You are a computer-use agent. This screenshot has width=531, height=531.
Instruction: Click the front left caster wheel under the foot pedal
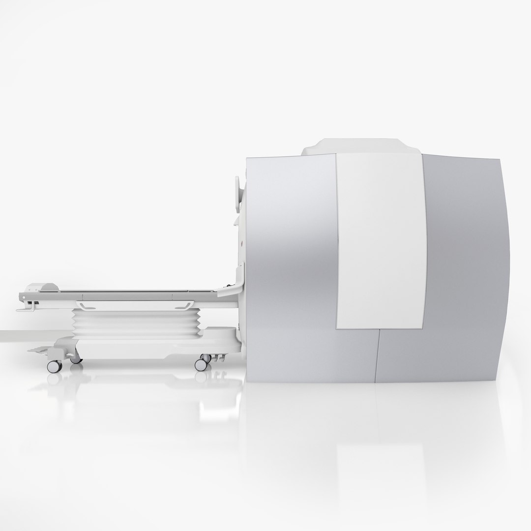coord(52,366)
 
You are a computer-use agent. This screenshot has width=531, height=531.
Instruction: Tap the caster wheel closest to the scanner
coord(201,364)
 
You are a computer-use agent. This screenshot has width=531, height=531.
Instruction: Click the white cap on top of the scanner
coord(359,147)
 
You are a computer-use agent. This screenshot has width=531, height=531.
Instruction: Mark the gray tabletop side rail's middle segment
coord(128,296)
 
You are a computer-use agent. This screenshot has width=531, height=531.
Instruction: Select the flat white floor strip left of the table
coord(12,337)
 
